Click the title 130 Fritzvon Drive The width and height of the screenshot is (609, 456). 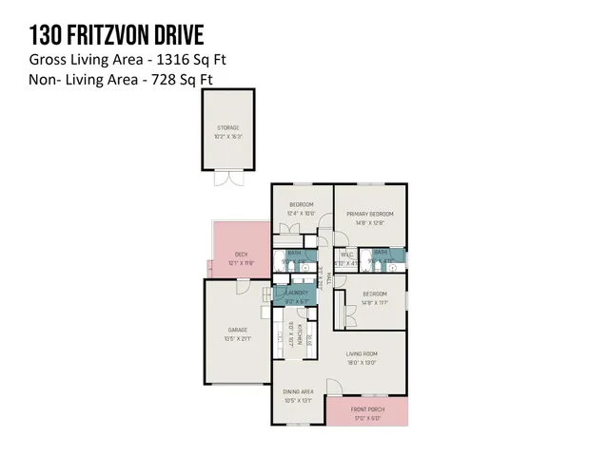117,36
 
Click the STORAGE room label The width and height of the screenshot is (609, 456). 226,126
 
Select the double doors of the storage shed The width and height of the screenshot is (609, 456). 227,178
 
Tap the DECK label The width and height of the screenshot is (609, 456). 242,254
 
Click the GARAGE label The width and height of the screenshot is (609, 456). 237,330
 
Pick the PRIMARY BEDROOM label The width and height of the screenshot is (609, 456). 369,214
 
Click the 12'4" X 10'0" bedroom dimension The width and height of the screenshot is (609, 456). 302,213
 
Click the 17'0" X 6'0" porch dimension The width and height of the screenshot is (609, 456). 367,417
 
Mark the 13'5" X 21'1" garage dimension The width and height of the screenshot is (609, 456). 237,338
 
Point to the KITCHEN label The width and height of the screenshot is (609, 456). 299,338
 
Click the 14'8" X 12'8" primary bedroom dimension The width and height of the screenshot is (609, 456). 369,222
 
